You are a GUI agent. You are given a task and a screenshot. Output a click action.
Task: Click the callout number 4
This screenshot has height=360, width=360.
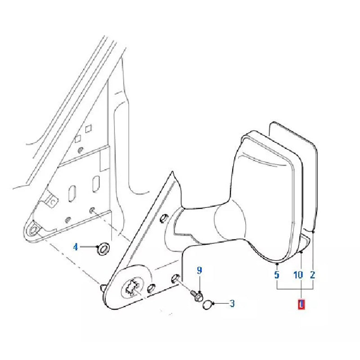pyautogui.click(x=76, y=247)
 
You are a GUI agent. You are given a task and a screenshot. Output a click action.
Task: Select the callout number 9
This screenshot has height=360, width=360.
pyautogui.click(x=199, y=270)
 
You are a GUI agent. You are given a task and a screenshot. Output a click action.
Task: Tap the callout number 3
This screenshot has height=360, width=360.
pyautogui.click(x=232, y=303)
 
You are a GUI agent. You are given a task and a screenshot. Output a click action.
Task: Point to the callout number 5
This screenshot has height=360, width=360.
pyautogui.click(x=277, y=274)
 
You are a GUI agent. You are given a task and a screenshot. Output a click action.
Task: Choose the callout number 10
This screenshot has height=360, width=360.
pyautogui.click(x=298, y=274)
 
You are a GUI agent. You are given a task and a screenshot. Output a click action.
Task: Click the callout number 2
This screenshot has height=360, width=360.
pyautogui.click(x=313, y=274)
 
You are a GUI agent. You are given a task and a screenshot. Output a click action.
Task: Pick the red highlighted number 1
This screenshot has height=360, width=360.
pyautogui.click(x=301, y=304)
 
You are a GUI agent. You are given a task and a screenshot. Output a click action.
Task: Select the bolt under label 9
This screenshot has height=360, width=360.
pyautogui.click(x=197, y=295)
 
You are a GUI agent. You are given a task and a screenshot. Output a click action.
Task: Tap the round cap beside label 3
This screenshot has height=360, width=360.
pyautogui.click(x=208, y=305)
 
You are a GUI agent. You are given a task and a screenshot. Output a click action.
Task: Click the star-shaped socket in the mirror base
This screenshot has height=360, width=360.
pyautogui.click(x=132, y=287)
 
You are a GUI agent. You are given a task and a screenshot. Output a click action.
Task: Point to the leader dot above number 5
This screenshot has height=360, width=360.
pyautogui.click(x=277, y=264)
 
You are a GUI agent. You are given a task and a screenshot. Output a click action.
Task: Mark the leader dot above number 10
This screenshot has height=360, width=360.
pyautogui.click(x=301, y=252)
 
